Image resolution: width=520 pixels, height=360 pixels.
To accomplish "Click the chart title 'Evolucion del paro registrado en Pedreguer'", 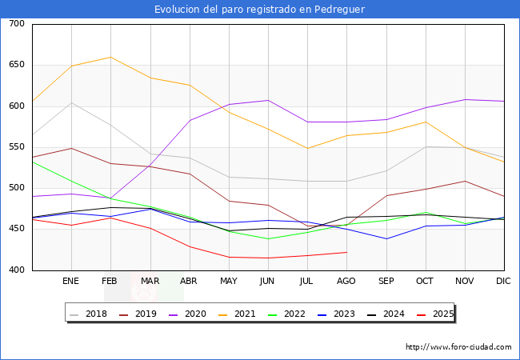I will tap(260, 9).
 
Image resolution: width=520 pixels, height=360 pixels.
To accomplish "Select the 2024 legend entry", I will tap(385, 314).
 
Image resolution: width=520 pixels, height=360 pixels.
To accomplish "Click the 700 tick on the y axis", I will tap(17, 24).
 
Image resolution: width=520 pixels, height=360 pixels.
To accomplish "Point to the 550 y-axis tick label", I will tap(17, 147).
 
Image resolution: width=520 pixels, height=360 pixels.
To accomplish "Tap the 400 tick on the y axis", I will tap(17, 270).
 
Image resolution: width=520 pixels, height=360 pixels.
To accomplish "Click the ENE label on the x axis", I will tap(71, 281).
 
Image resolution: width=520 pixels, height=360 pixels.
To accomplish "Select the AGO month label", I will tap(346, 281).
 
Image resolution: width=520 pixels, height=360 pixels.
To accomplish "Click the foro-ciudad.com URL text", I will tap(458, 347).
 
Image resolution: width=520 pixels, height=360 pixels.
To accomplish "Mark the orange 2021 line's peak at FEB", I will tap(110, 57).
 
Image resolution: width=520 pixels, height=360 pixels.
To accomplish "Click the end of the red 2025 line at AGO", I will tap(346, 252).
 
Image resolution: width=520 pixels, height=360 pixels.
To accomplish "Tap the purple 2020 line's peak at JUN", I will tap(268, 100).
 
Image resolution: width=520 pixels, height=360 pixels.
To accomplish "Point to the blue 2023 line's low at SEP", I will tap(386, 238).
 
